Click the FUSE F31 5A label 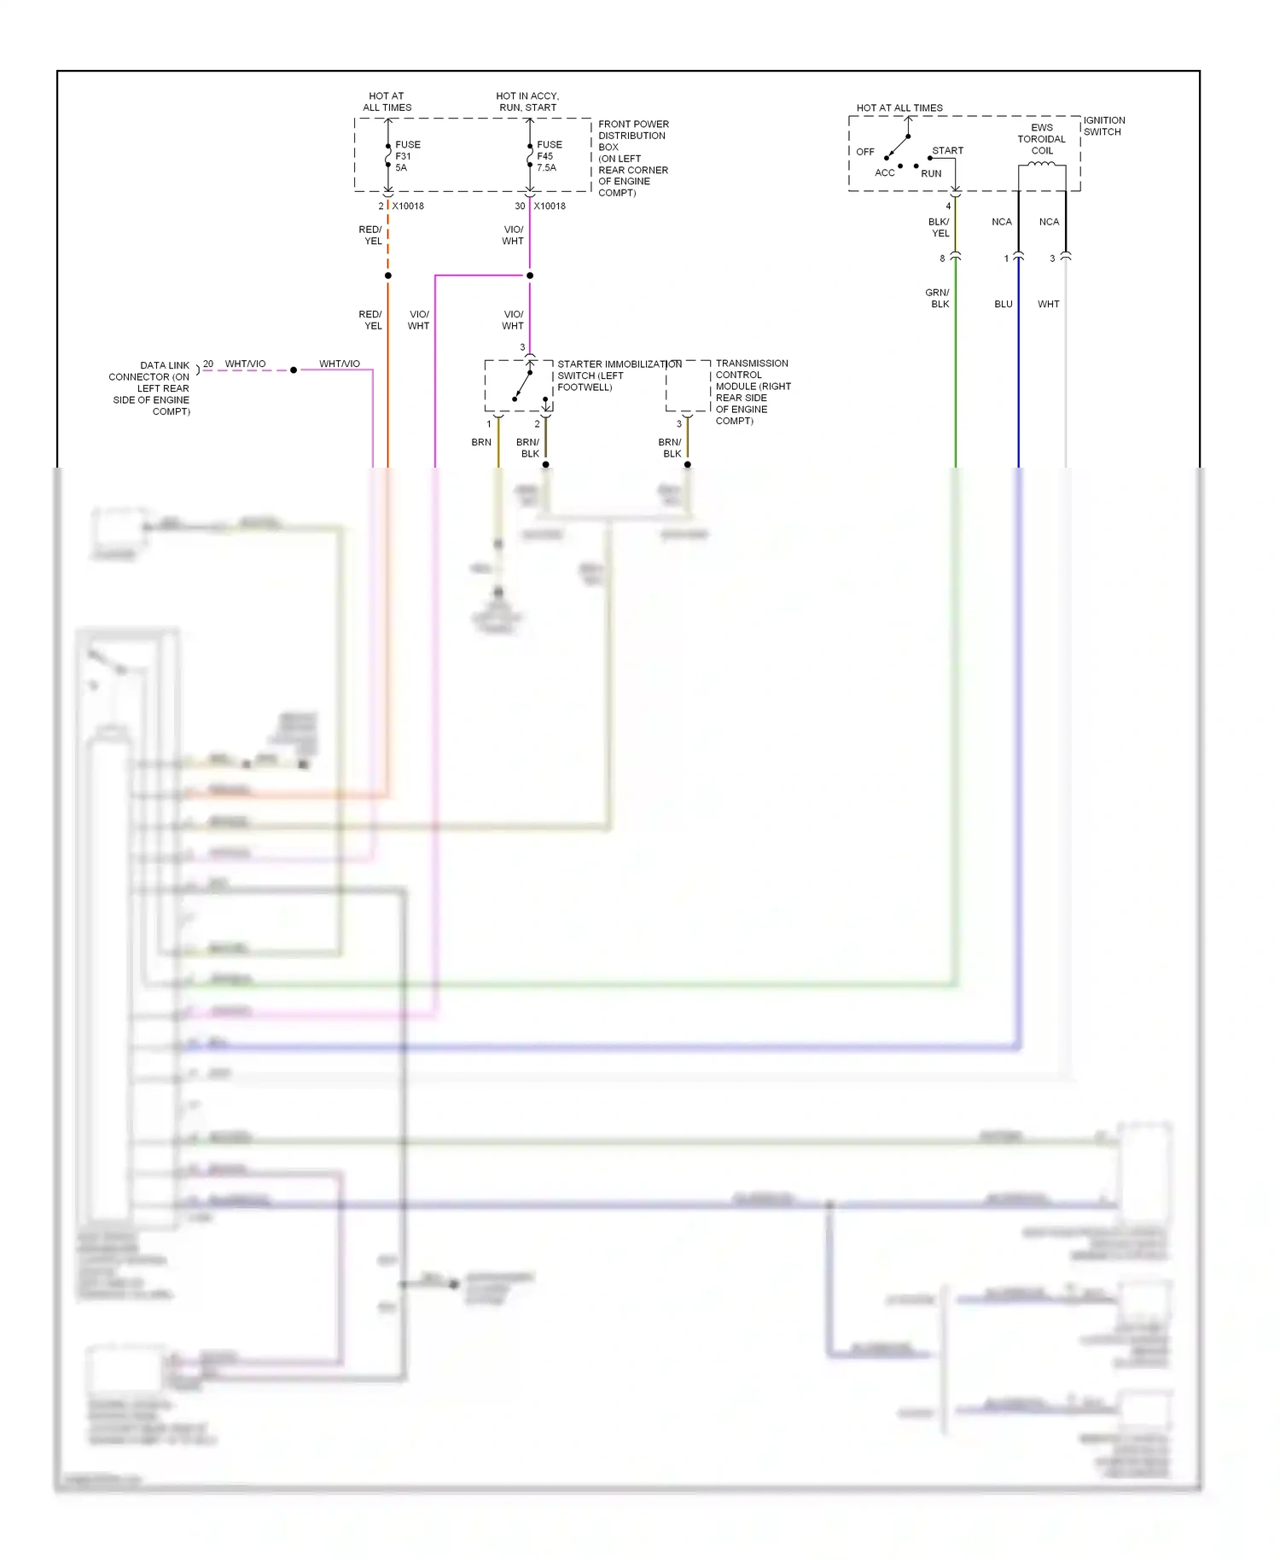click(407, 156)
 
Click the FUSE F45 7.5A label click(549, 156)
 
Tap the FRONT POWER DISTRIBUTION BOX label click(632, 158)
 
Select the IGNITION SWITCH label click(1103, 126)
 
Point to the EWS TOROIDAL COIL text click(1041, 139)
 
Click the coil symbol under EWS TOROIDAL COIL click(1041, 165)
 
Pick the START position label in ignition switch click(947, 150)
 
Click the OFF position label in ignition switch click(865, 152)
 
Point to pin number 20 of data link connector click(208, 364)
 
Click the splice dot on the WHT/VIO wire click(294, 370)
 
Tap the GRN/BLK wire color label click(937, 298)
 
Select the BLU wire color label click(1004, 304)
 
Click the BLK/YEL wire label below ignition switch click(939, 227)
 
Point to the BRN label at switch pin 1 click(481, 442)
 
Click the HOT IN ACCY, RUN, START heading click(527, 102)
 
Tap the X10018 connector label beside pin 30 click(550, 206)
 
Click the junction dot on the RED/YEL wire click(388, 276)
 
